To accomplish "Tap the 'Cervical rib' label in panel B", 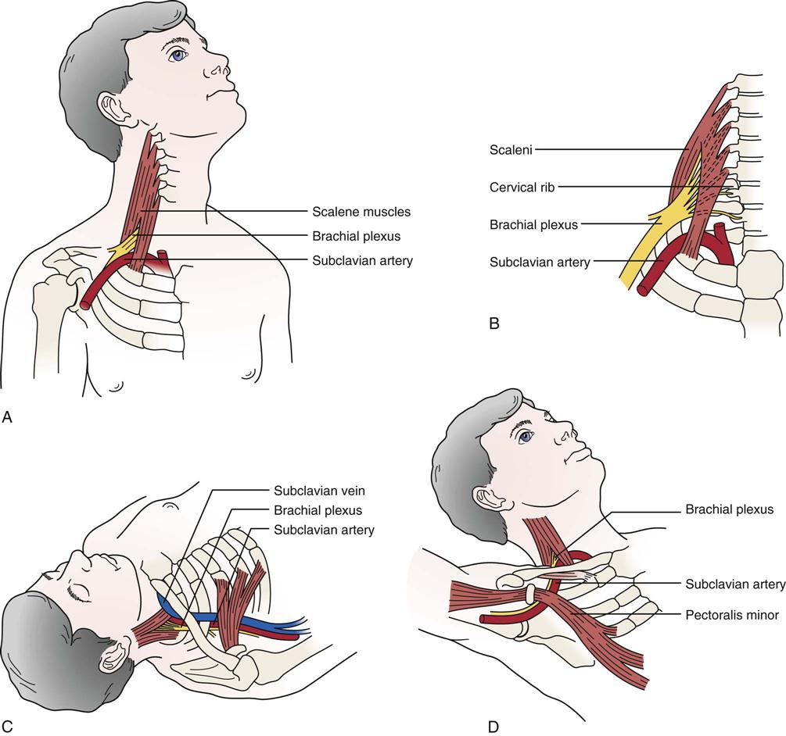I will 523,187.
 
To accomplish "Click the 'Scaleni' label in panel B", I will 511,150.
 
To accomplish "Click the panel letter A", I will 8,418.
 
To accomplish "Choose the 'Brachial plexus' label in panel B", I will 533,225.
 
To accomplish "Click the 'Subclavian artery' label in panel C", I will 324,530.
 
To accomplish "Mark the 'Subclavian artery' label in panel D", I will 735,584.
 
